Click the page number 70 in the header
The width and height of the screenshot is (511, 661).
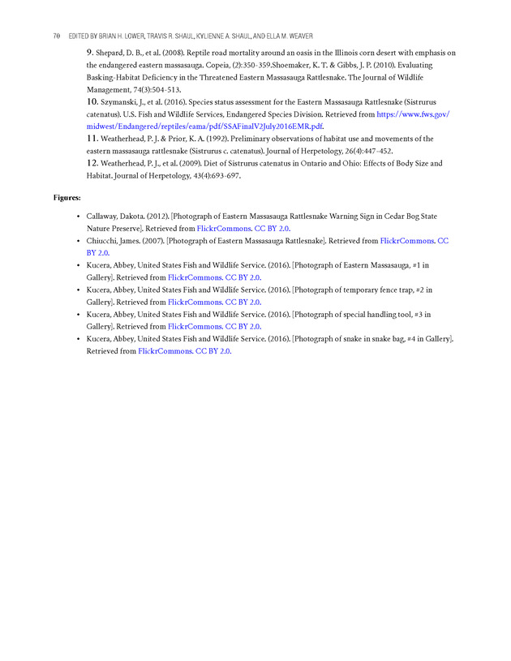[56, 36]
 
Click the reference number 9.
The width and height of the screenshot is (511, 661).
[90, 53]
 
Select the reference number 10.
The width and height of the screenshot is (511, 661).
[92, 103]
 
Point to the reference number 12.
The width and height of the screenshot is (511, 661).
[92, 164]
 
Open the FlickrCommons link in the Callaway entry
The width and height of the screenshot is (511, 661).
[223, 230]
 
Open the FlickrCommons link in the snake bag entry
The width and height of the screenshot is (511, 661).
[165, 351]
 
